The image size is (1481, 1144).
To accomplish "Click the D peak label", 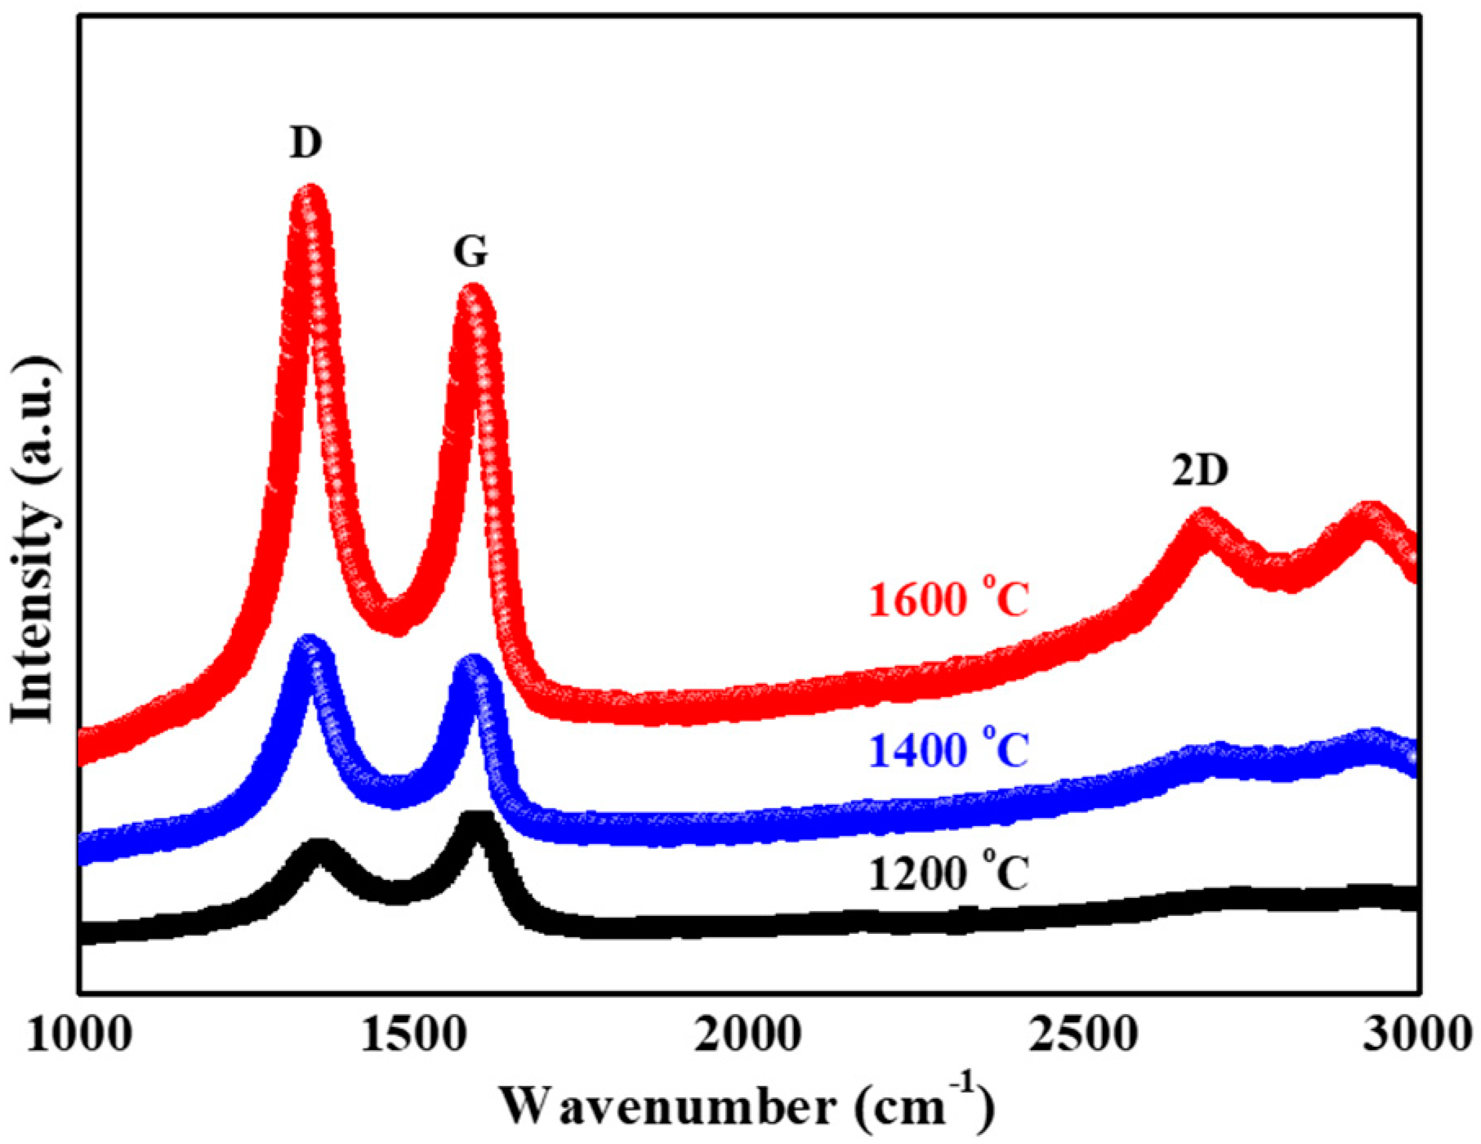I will (306, 143).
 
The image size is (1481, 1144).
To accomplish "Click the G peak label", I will (471, 252).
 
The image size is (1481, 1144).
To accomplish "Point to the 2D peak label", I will (1200, 471).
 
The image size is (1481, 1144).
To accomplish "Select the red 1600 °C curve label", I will (948, 601).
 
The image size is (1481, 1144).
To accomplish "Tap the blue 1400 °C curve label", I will (948, 750).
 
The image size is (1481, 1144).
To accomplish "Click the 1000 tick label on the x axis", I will (79, 1035).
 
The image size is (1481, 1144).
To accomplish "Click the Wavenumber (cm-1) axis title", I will (747, 1106).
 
